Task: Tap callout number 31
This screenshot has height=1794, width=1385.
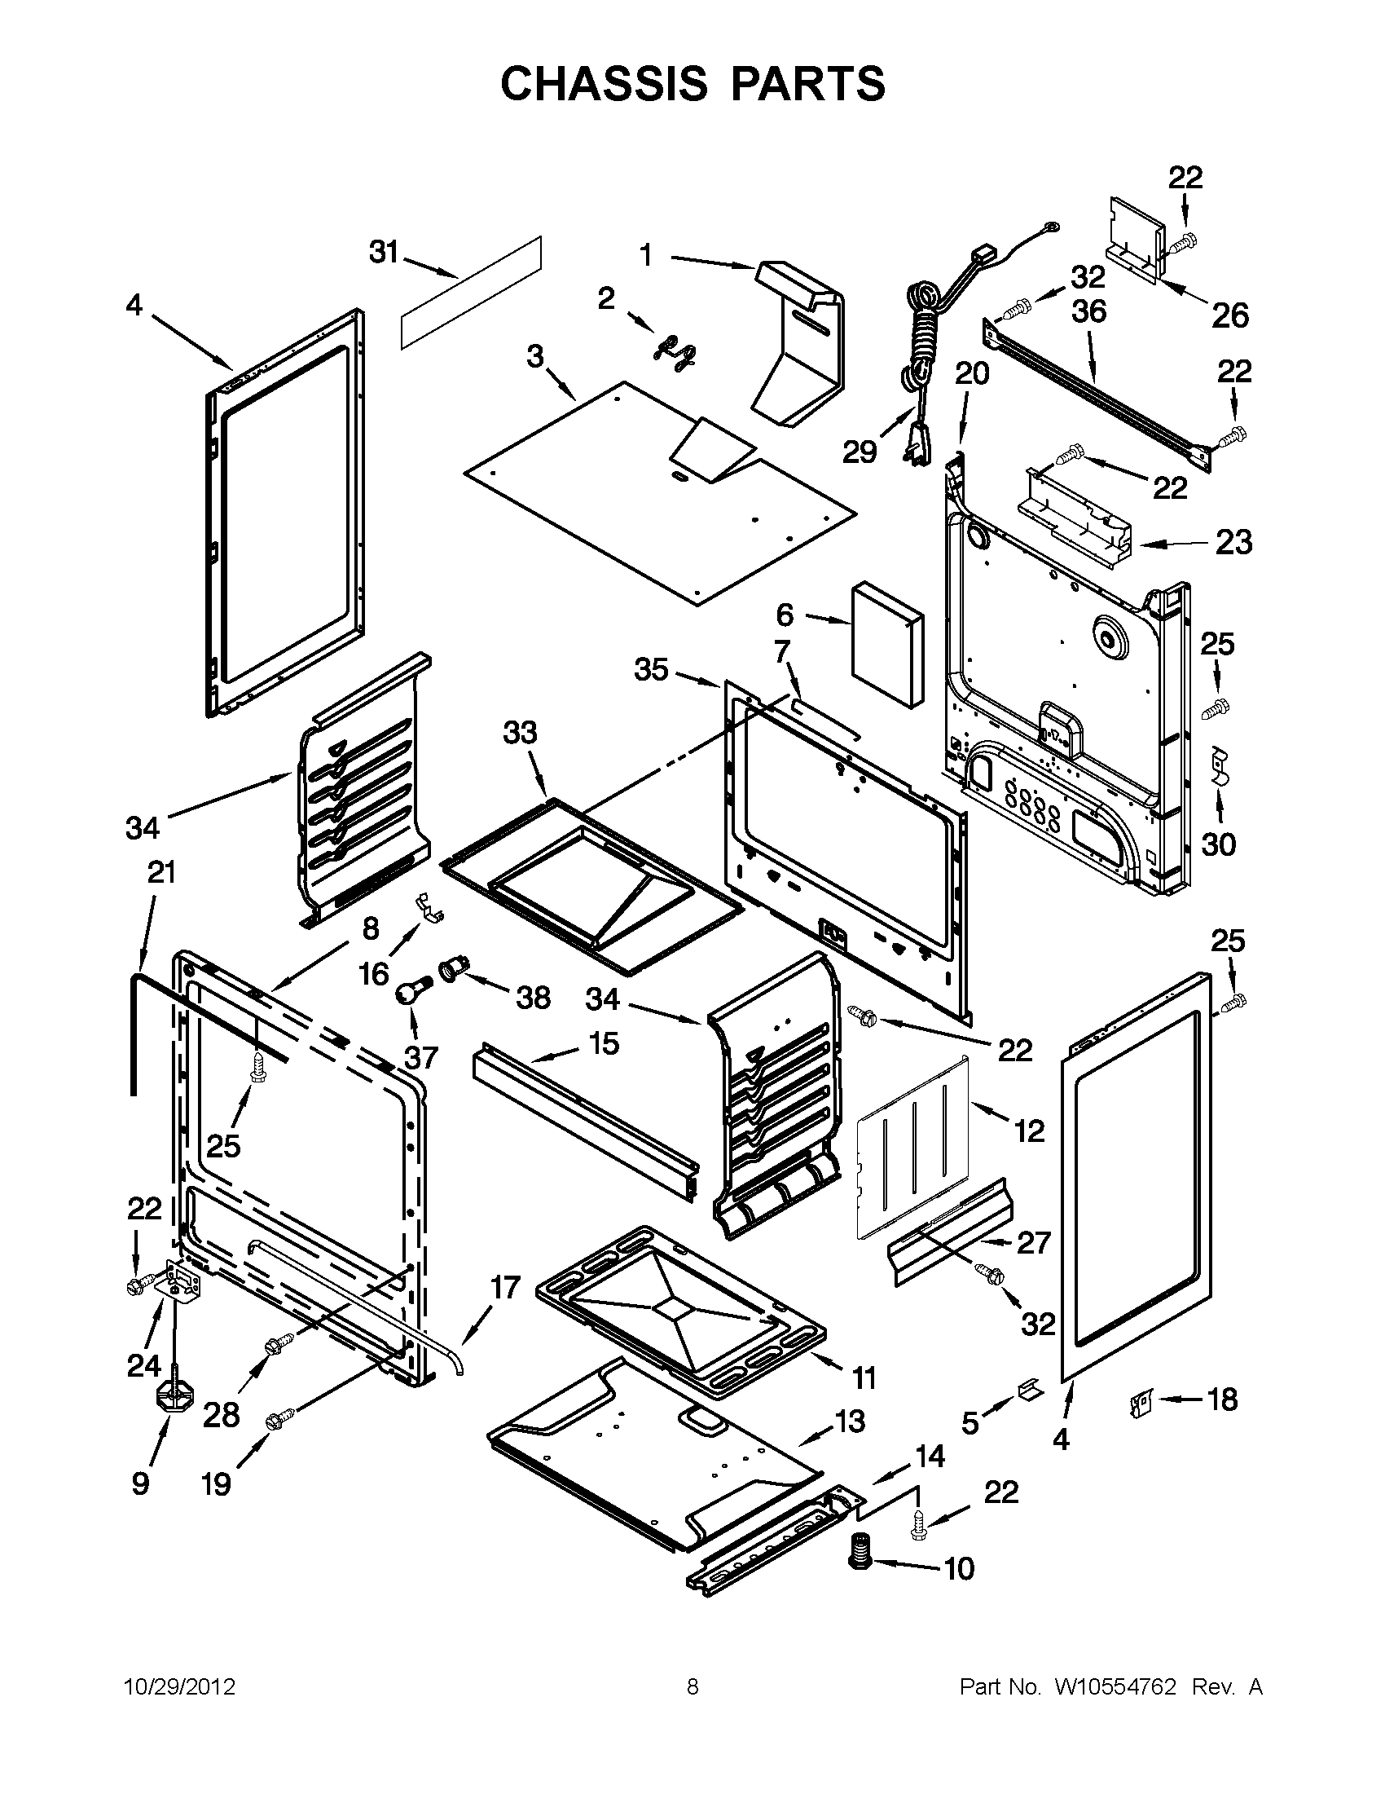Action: (x=384, y=252)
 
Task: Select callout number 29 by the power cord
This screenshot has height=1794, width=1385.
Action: (x=860, y=452)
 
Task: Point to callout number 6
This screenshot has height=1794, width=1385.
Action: (x=785, y=615)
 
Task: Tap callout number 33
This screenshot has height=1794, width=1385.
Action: (x=520, y=732)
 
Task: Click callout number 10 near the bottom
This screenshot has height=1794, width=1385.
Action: (x=958, y=1568)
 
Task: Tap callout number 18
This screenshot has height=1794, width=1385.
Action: (x=1222, y=1399)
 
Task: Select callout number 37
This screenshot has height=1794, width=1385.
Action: (x=421, y=1057)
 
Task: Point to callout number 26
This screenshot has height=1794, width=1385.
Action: (x=1230, y=315)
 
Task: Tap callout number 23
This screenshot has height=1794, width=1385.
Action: (x=1233, y=542)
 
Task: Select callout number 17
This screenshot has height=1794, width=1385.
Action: (x=505, y=1287)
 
